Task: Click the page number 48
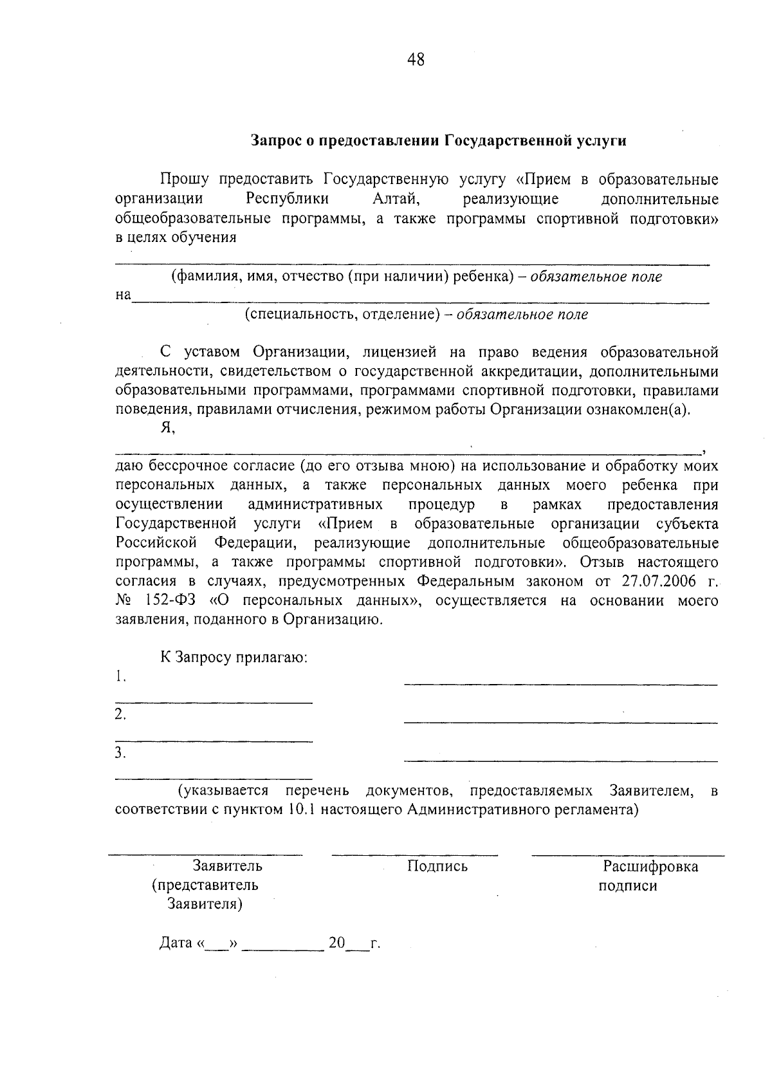coord(416,60)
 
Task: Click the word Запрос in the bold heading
coord(275,141)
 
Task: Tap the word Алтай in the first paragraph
coord(396,199)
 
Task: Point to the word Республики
coord(288,199)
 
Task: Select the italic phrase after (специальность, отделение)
coord(522,315)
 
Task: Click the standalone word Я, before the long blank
coord(168,429)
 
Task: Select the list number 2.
coord(120,714)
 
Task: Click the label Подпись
coord(437,866)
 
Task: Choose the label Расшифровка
coord(650,866)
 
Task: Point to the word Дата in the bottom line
coord(176,943)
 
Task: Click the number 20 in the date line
coord(336,943)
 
